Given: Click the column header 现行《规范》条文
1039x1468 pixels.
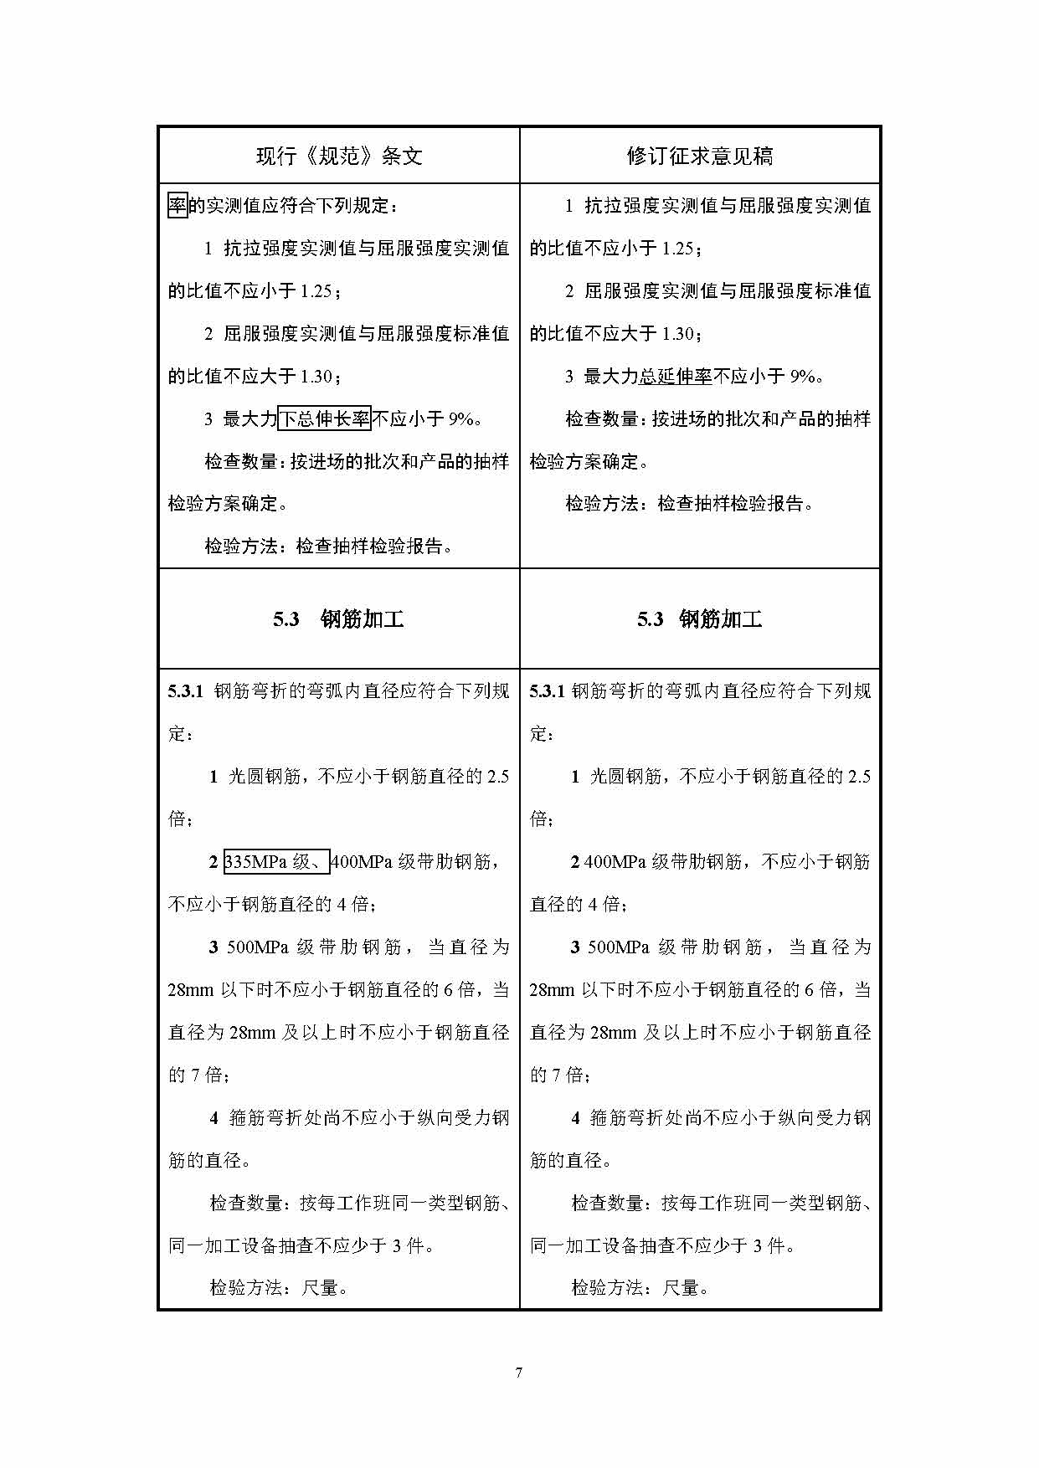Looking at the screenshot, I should [339, 157].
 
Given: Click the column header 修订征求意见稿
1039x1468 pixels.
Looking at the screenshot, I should [700, 157].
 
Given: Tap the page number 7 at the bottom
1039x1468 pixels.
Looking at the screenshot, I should [519, 1373].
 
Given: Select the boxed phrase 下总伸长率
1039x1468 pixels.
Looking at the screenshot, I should [324, 418].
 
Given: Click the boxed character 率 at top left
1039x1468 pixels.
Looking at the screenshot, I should [177, 205].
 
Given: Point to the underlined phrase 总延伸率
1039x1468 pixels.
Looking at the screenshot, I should [676, 377].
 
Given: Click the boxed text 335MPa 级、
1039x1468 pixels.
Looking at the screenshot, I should [276, 861].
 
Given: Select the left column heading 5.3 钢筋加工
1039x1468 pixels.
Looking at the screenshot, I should [339, 619].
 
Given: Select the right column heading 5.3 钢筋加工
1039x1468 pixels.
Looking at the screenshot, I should [700, 619].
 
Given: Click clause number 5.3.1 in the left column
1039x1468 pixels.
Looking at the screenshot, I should [186, 691].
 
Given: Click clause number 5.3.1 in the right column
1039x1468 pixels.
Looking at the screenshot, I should [548, 691].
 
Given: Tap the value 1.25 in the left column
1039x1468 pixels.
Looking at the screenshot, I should [316, 291].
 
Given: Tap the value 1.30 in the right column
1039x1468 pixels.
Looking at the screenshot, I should [677, 334].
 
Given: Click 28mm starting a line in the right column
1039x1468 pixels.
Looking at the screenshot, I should [552, 990].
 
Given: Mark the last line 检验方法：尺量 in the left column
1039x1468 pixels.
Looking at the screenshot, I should [278, 1288].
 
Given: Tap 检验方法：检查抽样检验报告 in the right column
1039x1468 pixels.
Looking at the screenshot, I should [689, 504].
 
